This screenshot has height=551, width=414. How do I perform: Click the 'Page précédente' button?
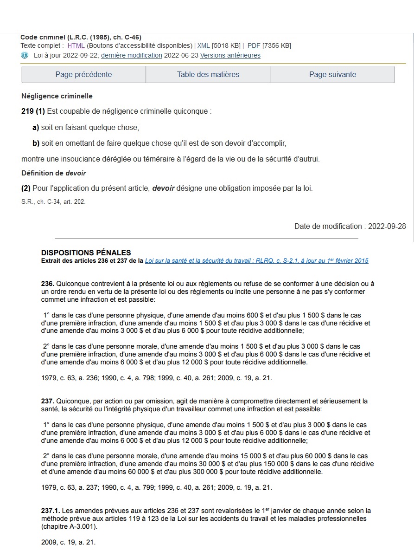click(83, 74)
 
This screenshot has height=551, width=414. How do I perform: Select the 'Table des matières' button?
click(208, 74)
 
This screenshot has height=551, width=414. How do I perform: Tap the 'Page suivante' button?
click(332, 74)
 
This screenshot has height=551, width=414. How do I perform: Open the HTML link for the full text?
click(76, 45)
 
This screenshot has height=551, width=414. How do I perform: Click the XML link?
click(204, 45)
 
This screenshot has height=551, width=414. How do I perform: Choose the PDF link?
click(254, 45)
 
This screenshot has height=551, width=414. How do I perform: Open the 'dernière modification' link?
click(132, 55)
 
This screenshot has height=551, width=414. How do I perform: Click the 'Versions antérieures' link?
click(230, 55)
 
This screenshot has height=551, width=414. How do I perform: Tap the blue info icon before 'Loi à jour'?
click(25, 55)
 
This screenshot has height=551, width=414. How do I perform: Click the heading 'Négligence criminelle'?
click(57, 96)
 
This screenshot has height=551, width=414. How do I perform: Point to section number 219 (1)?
click(33, 111)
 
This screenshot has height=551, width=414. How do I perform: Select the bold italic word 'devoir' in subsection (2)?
click(163, 188)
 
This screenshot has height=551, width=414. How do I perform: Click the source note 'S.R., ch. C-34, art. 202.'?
click(53, 202)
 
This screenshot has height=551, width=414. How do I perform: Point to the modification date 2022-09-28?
click(387, 226)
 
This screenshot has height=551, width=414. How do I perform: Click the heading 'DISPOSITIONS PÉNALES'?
click(86, 253)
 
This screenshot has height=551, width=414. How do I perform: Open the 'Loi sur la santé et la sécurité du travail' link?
click(256, 261)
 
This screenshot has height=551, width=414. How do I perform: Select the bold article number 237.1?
click(51, 511)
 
